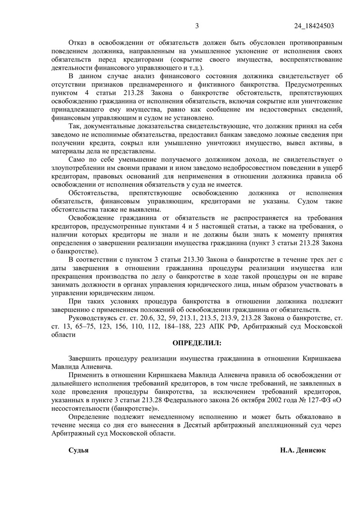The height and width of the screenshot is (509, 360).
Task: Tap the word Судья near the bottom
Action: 78,450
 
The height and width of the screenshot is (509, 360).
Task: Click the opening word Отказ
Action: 78,43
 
